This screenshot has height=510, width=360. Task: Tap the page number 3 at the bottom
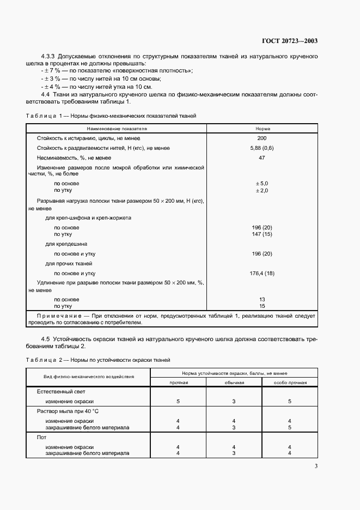[316, 466]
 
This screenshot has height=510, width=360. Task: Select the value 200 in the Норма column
[262, 139]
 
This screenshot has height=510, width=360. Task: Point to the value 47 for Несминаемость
[262, 157]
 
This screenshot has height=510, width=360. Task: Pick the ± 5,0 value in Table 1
[262, 184]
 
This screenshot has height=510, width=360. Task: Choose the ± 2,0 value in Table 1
[262, 190]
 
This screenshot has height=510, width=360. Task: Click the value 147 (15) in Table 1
[262, 234]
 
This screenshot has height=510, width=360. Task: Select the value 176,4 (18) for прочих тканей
[262, 273]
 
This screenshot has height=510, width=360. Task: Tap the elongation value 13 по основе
[262, 299]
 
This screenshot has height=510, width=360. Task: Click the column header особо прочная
[290, 382]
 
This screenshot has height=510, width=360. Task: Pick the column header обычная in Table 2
[234, 382]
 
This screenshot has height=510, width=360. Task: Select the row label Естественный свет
[61, 392]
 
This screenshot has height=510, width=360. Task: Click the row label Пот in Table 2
[41, 438]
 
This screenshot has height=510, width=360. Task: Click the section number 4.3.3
[50, 57]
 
